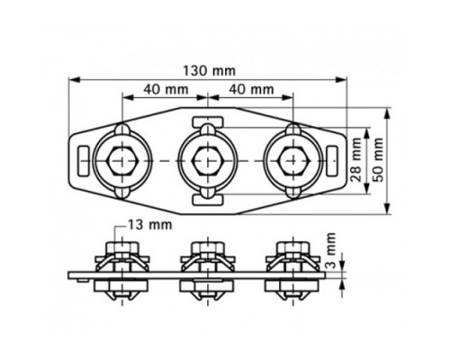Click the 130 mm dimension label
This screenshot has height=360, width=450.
tap(209, 71)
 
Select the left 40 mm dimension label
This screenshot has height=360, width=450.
tap(166, 89)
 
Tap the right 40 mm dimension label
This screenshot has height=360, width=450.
tap(251, 89)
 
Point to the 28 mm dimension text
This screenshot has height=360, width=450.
tap(356, 159)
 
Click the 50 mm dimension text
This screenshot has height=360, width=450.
tap(378, 159)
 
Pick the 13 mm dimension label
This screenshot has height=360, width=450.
tap(150, 225)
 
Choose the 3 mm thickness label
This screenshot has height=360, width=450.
tap(330, 250)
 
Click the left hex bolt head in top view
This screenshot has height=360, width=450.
tap(122, 161)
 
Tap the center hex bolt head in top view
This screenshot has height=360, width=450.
tap(208, 161)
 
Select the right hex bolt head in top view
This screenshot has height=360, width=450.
tap(293, 161)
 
